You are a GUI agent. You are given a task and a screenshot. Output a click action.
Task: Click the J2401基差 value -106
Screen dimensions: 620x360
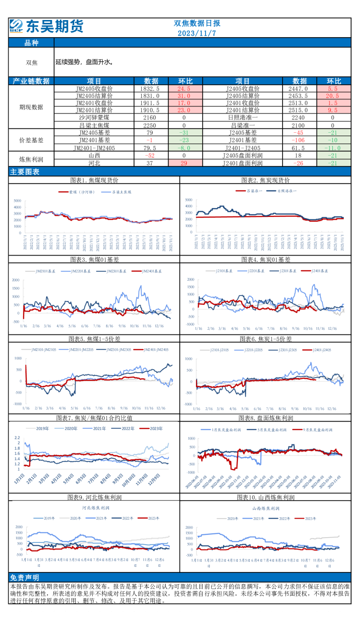[x=299, y=140]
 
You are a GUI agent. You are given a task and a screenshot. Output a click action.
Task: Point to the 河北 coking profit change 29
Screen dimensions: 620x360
[x=184, y=163]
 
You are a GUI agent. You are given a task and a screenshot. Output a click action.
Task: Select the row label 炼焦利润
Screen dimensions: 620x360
[x=31, y=158]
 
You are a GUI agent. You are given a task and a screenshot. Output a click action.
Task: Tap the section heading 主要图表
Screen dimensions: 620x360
[x=25, y=172]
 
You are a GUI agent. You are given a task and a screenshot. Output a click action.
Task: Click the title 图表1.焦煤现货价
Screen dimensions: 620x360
[x=94, y=180]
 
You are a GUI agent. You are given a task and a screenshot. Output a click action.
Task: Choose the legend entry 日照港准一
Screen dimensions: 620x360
[x=285, y=191]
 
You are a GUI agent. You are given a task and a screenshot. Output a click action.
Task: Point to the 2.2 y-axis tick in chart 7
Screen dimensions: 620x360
[x=17, y=437]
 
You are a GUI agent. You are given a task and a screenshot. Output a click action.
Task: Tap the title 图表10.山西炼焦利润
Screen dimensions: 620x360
[x=266, y=497]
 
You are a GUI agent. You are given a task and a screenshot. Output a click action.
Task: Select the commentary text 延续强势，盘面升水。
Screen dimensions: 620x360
[x=84, y=62]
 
